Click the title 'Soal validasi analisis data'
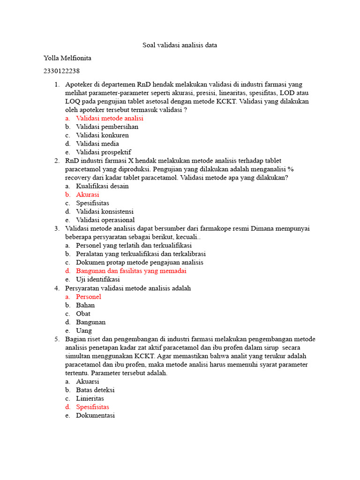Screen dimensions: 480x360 coord(180,45)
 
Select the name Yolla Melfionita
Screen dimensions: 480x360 coord(67,58)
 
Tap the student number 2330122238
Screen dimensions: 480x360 coord(61,71)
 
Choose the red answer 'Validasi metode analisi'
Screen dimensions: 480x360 coord(110,118)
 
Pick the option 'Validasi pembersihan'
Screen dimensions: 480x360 coord(107,127)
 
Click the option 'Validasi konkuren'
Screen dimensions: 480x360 coord(102,135)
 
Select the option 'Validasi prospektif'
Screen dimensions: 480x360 coord(104,152)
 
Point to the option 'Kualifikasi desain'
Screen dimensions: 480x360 coord(102,186)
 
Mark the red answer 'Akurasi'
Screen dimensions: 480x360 coord(88,194)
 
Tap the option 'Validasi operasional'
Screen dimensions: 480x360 coord(105,220)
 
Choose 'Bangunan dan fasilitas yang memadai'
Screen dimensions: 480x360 coord(131,271)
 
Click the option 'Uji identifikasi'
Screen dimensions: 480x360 coord(98,279)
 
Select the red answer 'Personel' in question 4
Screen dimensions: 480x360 coord(89,296)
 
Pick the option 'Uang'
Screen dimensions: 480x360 coord(84,330)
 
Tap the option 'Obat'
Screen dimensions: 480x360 coord(83,313)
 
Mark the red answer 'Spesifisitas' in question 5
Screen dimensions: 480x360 coord(92,407)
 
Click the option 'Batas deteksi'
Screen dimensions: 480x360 coord(95,390)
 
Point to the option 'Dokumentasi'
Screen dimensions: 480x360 coord(95,415)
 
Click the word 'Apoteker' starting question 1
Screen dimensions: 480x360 coord(79,84)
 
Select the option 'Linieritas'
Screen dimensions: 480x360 coord(90,398)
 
